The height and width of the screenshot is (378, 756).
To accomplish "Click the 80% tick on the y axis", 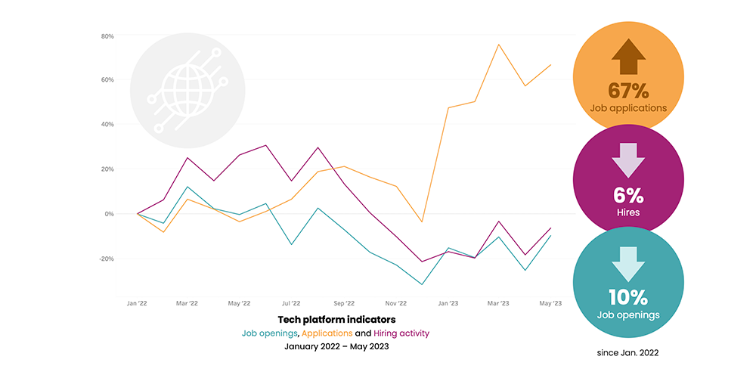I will tap(107, 36).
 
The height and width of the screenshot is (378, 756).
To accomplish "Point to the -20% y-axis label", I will tap(105, 259).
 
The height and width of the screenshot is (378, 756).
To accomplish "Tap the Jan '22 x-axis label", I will tap(137, 303).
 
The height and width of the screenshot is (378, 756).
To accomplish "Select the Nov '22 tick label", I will tap(396, 303).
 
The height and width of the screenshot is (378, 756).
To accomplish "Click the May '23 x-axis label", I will tap(551, 303).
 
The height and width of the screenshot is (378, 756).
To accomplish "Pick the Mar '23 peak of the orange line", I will tap(499, 45).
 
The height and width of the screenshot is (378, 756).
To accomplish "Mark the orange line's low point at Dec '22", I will tap(421, 222).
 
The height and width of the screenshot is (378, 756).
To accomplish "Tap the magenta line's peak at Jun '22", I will tap(266, 145).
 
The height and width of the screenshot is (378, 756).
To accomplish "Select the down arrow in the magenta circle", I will tap(628, 161).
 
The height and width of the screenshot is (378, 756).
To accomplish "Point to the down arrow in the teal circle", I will tap(628, 263).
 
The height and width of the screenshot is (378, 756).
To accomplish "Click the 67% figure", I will tap(628, 91).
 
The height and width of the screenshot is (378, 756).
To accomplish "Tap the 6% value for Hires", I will tap(628, 196).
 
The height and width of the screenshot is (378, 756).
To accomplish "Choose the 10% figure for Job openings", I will tap(628, 297).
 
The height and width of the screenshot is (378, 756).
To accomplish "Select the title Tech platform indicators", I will tap(336, 320).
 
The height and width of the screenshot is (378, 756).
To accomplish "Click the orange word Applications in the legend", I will tap(328, 333).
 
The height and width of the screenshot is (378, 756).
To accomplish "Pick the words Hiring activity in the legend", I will tap(402, 333).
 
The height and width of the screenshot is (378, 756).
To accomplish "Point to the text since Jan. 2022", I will tap(629, 352).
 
